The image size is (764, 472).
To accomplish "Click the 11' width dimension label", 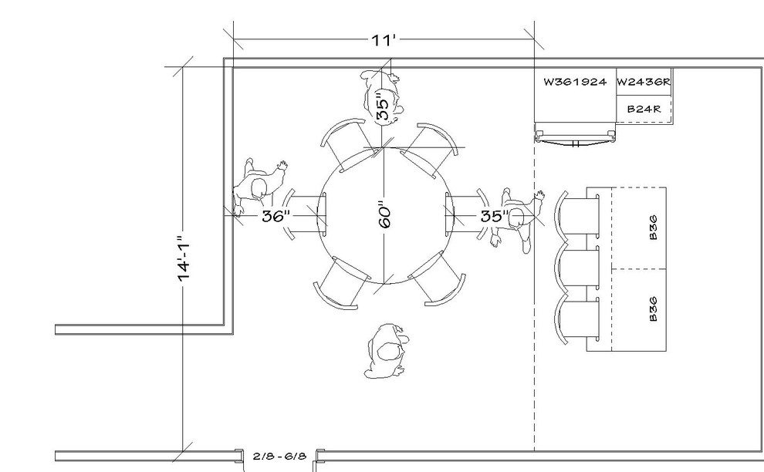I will (383, 40).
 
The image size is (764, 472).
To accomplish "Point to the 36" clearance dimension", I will (275, 216).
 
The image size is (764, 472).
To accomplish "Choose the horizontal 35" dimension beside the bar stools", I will (493, 216).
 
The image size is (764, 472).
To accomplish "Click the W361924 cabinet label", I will (575, 81).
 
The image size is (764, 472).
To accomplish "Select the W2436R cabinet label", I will (644, 81).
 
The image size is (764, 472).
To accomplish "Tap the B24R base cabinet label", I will (644, 110).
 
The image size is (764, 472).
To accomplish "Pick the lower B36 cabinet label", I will (654, 310).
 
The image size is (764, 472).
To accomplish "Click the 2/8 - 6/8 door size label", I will (280, 456).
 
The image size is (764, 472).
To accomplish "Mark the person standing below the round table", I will (388, 351).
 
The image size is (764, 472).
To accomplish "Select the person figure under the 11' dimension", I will (381, 96).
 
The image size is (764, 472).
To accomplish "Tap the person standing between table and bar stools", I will (517, 220).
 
